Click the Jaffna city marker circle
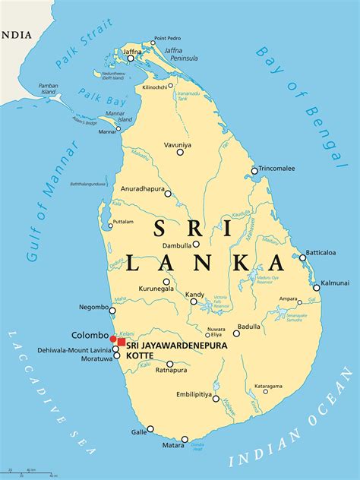point(131,58)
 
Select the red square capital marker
point(122,343)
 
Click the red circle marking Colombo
point(113,339)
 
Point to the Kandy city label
point(195,294)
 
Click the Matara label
point(185,447)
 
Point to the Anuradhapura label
point(144,188)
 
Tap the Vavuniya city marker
point(180,153)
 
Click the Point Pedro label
point(167,38)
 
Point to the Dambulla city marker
point(196,245)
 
